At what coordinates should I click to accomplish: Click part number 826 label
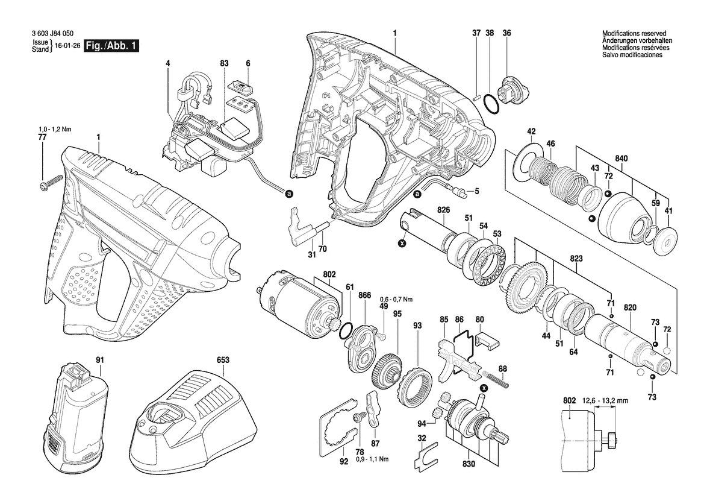tap(444, 209)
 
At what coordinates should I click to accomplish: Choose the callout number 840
tap(621, 159)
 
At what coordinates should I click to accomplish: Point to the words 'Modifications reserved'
tap(634, 33)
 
